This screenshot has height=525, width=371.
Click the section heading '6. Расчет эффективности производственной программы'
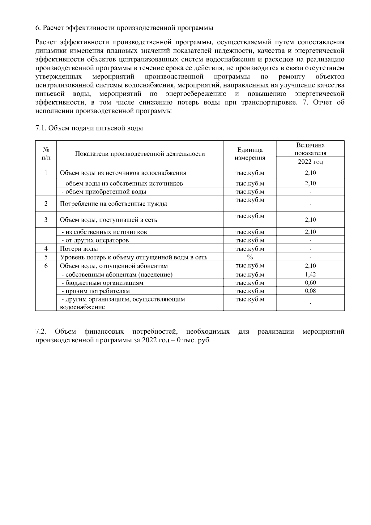(124, 28)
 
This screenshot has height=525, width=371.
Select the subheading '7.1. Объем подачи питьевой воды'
(89, 128)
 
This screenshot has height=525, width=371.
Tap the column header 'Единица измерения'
(250, 154)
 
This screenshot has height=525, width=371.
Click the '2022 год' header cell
(310, 162)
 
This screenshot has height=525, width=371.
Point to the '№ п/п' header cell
(46, 154)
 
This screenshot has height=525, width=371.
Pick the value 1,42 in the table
(310, 275)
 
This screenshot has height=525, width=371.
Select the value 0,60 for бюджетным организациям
(310, 283)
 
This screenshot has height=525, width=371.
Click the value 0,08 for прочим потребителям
(310, 291)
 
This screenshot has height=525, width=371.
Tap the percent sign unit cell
(250, 257)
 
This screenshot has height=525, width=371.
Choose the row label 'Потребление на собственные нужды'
(113, 204)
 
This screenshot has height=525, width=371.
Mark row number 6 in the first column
(46, 266)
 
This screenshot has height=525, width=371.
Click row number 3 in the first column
(46, 220)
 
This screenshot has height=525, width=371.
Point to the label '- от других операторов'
(95, 241)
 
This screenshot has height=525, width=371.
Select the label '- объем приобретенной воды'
(104, 192)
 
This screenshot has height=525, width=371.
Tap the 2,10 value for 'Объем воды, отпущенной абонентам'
(310, 266)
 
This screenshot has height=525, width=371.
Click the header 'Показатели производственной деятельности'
(140, 154)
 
